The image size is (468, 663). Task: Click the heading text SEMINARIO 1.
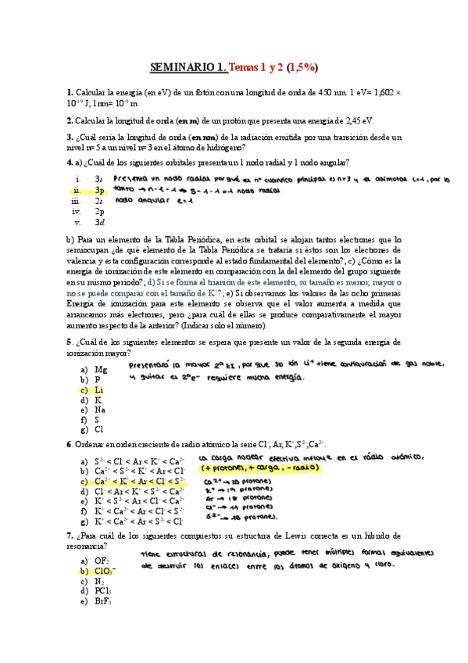click(188, 66)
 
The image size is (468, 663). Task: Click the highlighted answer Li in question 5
click(98, 389)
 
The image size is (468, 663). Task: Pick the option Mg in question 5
click(100, 368)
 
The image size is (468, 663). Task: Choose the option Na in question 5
click(99, 409)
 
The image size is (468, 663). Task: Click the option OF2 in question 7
click(102, 561)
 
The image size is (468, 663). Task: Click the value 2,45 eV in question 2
click(358, 120)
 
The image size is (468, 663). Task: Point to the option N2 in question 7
click(98, 581)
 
